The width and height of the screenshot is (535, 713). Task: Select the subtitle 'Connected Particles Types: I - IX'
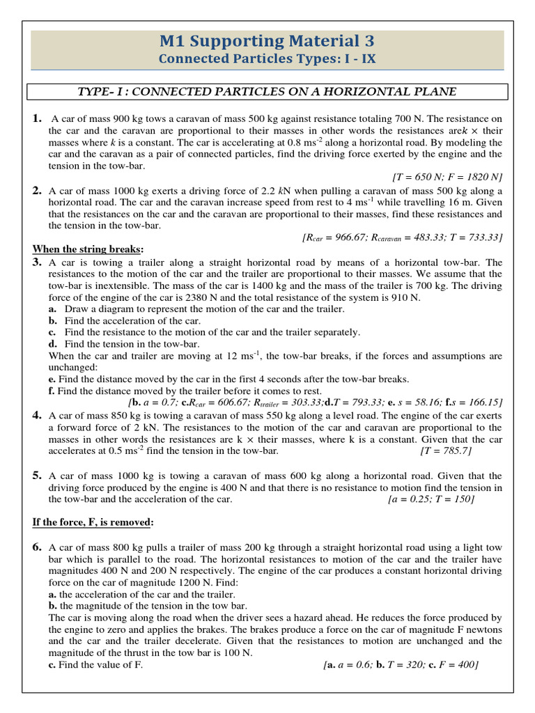pyautogui.click(x=267, y=59)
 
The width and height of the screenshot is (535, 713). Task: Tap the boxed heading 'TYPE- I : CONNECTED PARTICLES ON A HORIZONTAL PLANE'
pyautogui.click(x=267, y=92)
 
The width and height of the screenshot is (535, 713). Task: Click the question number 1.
pyautogui.click(x=38, y=118)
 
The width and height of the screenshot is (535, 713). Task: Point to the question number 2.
pyautogui.click(x=38, y=189)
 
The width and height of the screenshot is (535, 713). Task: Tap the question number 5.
pyautogui.click(x=38, y=476)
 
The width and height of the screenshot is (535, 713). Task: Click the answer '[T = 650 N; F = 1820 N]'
pyautogui.click(x=443, y=177)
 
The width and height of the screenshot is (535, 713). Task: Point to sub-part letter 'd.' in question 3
pyautogui.click(x=52, y=344)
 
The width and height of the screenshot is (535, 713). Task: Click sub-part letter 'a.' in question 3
pyautogui.click(x=52, y=308)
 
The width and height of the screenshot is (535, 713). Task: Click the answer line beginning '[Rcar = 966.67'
pyautogui.click(x=402, y=237)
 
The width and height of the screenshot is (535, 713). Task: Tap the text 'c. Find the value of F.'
pyautogui.click(x=95, y=665)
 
